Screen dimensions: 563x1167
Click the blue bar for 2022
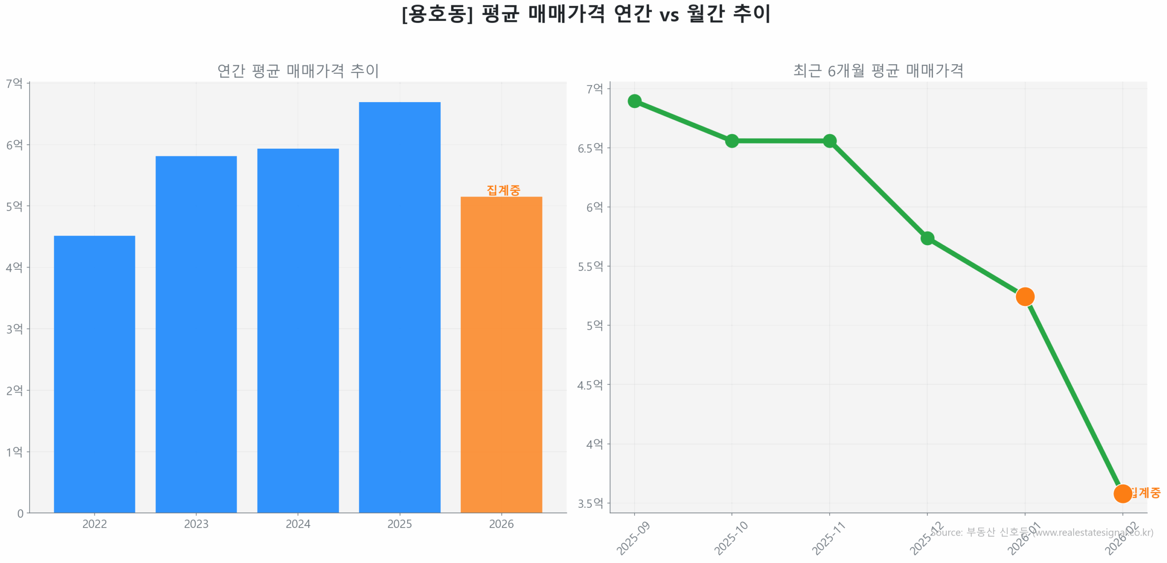[x=94, y=374]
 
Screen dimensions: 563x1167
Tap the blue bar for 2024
[x=298, y=330]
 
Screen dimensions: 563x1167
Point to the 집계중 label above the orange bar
[x=503, y=190]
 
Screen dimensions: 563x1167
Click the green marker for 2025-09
[x=634, y=101]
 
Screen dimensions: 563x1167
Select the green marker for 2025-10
[x=731, y=141]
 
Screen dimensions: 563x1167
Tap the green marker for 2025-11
[x=829, y=141]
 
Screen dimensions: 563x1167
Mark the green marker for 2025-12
[x=927, y=238]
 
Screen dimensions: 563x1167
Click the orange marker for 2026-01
[x=1024, y=296]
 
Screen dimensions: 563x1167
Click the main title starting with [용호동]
[x=585, y=14]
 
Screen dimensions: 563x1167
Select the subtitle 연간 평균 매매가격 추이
[x=298, y=71]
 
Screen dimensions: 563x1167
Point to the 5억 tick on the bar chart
[x=14, y=206]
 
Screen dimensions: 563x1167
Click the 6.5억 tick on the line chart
[x=590, y=148]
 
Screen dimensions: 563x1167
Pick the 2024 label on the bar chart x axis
[x=298, y=524]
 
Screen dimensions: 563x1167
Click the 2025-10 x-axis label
[x=730, y=538]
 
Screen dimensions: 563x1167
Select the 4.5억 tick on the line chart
[x=590, y=385]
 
